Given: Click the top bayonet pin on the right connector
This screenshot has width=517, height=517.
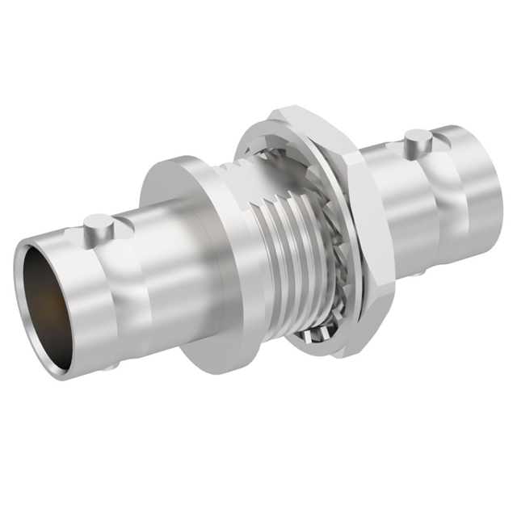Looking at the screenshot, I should pyautogui.click(x=415, y=145).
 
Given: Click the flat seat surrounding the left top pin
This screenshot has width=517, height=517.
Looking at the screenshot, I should pyautogui.click(x=89, y=236).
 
